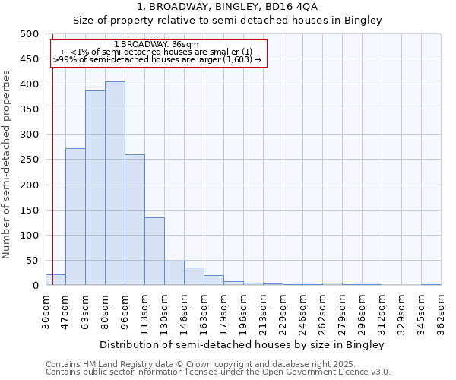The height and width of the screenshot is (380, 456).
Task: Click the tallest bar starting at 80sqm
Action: point(115,183)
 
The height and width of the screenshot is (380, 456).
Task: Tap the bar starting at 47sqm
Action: point(75,217)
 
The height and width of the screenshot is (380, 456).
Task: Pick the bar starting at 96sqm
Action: point(135,220)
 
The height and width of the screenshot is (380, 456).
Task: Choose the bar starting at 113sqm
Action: point(154,252)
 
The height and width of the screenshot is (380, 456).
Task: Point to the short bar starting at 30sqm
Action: point(55,280)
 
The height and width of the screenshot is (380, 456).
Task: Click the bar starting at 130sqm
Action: point(174,273)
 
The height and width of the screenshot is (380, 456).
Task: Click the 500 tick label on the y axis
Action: point(29,34)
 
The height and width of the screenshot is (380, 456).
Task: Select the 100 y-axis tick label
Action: point(29,236)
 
